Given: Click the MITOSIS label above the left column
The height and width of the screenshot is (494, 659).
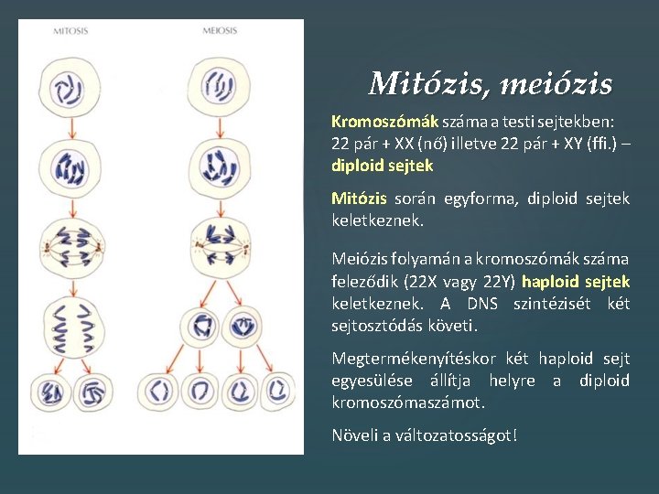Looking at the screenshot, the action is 70,31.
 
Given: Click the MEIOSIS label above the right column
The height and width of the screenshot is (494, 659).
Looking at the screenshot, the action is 220,31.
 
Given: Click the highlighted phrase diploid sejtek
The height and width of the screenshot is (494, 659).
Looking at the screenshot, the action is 382,166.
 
